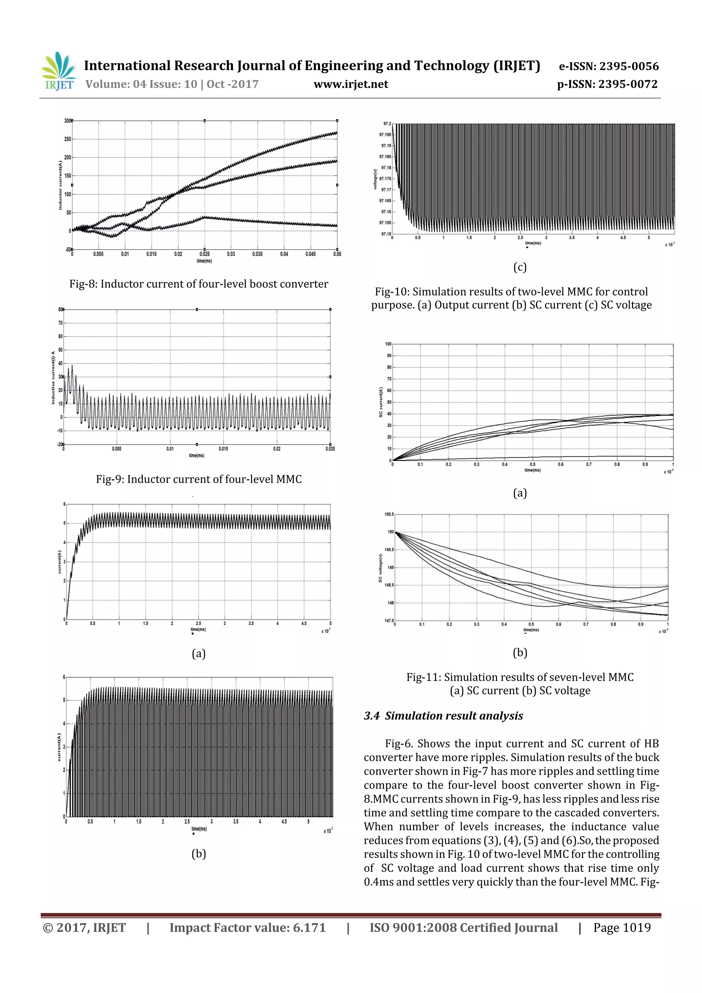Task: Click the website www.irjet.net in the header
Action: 351,84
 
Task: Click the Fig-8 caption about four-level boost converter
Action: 198,284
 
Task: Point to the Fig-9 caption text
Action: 198,479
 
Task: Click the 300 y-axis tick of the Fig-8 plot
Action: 68,121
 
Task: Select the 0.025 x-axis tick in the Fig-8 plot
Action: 205,254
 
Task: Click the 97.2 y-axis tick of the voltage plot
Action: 387,124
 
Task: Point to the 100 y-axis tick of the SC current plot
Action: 388,344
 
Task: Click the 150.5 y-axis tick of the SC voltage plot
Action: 389,514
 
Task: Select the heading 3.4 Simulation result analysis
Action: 443,716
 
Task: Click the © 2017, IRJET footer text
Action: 84,927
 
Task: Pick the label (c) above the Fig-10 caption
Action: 519,267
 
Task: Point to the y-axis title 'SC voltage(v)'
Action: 380,568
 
